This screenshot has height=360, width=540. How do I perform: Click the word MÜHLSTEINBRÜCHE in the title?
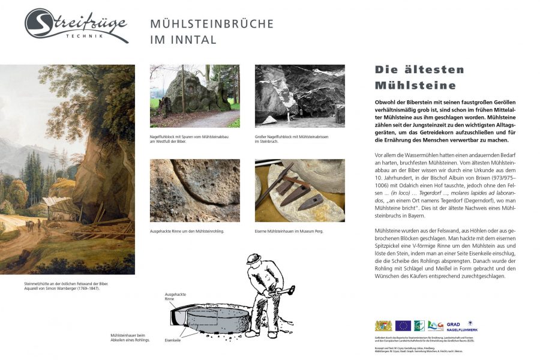[212, 24]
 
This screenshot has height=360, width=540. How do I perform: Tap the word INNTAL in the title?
[193, 40]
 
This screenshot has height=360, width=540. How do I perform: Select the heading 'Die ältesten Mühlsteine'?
[415, 77]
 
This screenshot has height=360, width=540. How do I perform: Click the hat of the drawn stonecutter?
[254, 260]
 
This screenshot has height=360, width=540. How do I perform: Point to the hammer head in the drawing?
[290, 289]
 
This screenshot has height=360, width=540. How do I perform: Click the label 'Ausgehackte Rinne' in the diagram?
[176, 296]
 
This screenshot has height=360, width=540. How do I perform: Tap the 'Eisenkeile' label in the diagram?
[173, 340]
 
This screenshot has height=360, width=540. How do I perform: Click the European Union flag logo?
[403, 325]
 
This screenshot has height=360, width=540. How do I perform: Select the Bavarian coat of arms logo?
[383, 325]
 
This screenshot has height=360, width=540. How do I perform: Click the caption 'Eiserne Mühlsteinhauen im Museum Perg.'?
[289, 231]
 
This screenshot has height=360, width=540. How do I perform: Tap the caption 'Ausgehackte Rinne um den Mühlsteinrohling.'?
[187, 231]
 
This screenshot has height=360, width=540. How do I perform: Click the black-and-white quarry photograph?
[299, 95]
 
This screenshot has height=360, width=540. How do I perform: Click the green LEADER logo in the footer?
[436, 325]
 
